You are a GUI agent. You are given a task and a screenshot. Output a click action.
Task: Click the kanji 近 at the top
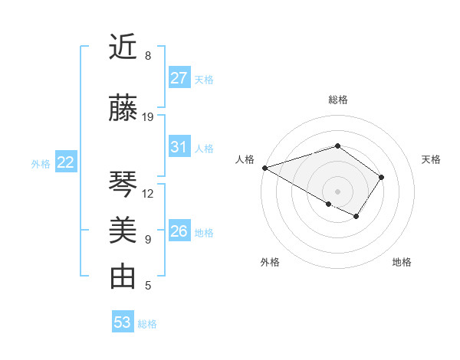pos(123,48)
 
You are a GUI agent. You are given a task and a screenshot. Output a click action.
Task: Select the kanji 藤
pos(123,109)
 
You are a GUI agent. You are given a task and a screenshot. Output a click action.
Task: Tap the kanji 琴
pos(123,185)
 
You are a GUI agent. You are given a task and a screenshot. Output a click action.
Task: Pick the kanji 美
pos(123,231)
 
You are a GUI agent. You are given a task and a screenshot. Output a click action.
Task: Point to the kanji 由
pos(123,277)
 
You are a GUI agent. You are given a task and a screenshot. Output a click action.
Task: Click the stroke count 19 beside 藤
pos(149,117)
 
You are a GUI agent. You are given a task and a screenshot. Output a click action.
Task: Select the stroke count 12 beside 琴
pos(149,194)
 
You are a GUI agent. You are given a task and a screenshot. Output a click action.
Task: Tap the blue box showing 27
pos(179,78)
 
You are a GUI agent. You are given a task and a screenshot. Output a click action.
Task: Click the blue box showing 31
pos(179,148)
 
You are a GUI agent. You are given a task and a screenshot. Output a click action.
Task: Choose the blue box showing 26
pos(179,231)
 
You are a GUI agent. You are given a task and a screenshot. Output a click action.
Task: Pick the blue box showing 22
pos(66,162)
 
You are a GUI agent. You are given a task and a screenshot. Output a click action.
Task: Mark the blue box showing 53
pos(123,322)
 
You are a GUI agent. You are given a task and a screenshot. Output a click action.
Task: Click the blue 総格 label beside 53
pos(147,324)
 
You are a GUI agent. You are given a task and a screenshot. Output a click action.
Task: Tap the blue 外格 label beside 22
pos(41,163)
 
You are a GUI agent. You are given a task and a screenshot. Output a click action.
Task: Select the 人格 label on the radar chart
pos(245,159)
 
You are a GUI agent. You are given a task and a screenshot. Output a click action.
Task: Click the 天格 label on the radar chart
pos(431,159)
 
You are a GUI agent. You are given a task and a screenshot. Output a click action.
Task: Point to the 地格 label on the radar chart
pos(402,263)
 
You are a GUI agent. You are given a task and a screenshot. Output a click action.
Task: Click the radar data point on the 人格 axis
pos(264,168)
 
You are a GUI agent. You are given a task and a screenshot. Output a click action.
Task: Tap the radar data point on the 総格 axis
pos(337,146)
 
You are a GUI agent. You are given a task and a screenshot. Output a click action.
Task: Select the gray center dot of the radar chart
pos(337,191)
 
